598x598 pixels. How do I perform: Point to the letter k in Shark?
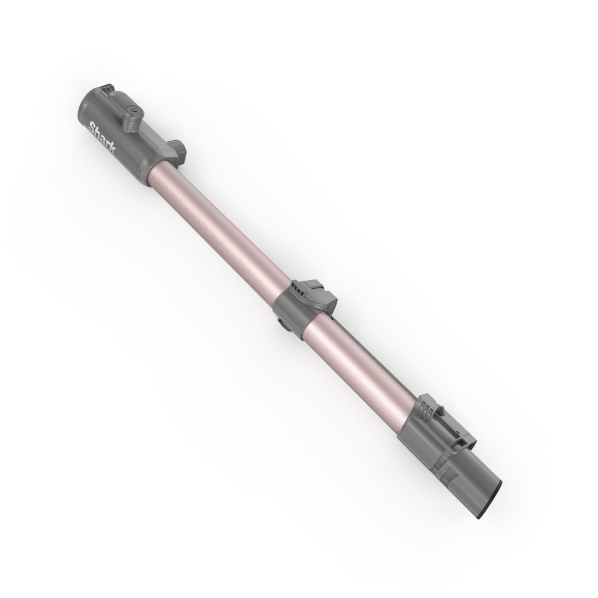[111, 149]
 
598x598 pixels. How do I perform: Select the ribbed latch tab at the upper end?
[109, 89]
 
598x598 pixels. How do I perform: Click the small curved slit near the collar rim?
[141, 174]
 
